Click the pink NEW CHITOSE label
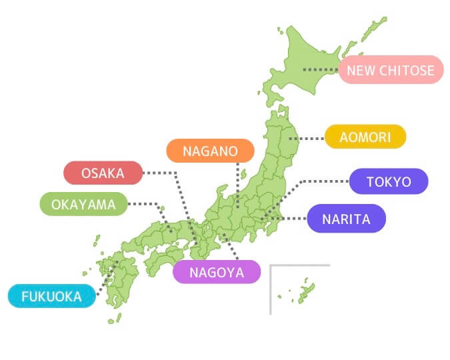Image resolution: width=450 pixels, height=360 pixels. pyautogui.click(x=391, y=70)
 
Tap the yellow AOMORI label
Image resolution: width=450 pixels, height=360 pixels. pyautogui.click(x=365, y=137)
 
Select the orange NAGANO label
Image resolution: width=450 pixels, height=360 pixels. pyautogui.click(x=210, y=151)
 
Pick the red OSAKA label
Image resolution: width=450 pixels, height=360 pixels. pyautogui.click(x=103, y=173)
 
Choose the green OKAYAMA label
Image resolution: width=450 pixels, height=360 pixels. pyautogui.click(x=83, y=204)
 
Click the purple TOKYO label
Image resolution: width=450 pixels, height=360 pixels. pyautogui.click(x=389, y=181)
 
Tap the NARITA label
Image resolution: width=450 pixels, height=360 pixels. pyautogui.click(x=346, y=219)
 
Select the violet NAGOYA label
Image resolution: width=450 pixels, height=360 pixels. pyautogui.click(x=216, y=272)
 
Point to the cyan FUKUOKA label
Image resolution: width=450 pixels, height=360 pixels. pyautogui.click(x=51, y=296)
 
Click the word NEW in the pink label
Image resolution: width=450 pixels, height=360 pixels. pyautogui.click(x=360, y=70)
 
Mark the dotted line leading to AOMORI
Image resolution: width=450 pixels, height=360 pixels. pyautogui.click(x=310, y=138)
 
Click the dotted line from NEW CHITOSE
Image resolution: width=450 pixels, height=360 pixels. pyautogui.click(x=321, y=69)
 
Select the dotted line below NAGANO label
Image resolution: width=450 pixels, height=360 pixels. pyautogui.click(x=237, y=183)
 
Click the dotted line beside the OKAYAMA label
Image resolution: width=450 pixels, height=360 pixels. pyautogui.click(x=143, y=204)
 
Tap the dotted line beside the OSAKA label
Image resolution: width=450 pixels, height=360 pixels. pyautogui.click(x=160, y=173)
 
